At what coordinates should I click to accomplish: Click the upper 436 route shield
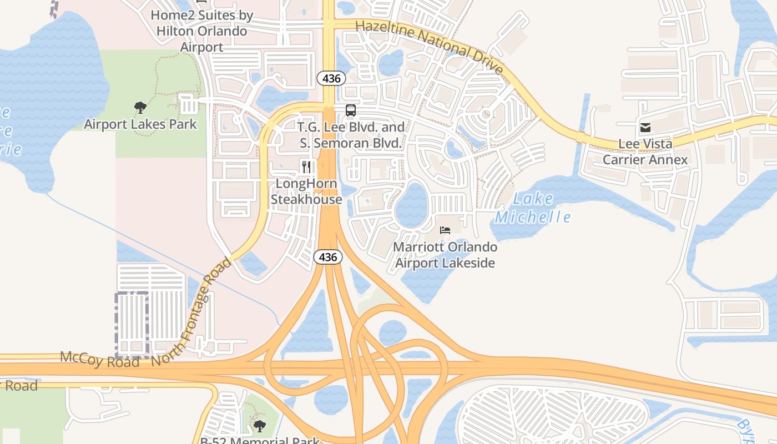click(331, 78)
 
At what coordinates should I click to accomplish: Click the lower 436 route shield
click(328, 257)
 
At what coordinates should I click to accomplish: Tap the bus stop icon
click(350, 110)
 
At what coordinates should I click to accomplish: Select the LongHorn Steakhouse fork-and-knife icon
click(306, 167)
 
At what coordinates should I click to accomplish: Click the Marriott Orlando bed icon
click(445, 230)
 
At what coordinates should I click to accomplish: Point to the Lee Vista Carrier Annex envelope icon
click(645, 128)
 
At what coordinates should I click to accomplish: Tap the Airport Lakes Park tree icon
click(140, 108)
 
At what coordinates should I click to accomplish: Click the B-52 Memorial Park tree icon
click(259, 426)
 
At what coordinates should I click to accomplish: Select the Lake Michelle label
click(533, 208)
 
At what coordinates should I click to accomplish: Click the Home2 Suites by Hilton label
click(201, 31)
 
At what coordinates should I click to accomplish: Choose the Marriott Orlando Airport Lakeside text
click(445, 255)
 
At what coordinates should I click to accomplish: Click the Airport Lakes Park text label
click(140, 124)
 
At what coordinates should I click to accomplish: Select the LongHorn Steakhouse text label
click(306, 191)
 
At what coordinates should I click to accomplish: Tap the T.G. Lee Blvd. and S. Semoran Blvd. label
click(351, 135)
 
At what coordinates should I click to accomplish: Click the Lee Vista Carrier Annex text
click(645, 152)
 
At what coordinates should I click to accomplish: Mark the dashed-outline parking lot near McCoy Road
click(132, 325)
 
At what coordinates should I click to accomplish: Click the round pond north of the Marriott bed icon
click(411, 205)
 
